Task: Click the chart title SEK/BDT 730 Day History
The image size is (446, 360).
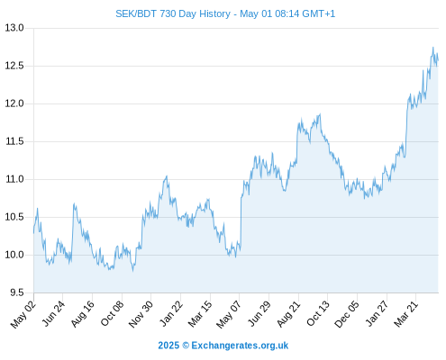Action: coord(173,13)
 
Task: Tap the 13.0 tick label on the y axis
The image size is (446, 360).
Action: coord(14,28)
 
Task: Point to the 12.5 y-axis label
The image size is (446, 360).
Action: coord(14,66)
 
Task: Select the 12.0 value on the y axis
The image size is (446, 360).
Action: coord(14,103)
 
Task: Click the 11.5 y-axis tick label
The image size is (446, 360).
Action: coord(14,141)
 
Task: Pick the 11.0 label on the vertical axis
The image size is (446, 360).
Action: coord(14,179)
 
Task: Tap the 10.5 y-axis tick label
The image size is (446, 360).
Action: coord(14,217)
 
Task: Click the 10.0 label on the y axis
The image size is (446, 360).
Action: coord(14,255)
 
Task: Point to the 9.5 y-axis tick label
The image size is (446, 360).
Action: coord(17,292)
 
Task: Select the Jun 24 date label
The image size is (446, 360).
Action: coord(53,313)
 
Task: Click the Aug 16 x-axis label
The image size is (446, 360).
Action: coord(83,313)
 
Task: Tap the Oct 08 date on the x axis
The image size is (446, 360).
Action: coord(112,313)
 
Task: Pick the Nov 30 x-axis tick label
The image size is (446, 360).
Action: coord(141,314)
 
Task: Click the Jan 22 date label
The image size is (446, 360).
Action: coord(171,313)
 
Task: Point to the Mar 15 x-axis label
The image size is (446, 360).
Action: coord(200,313)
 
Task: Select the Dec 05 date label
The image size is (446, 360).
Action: coord(347,314)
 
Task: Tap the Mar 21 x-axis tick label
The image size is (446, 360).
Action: coord(406,313)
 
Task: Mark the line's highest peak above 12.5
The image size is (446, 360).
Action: coord(433,47)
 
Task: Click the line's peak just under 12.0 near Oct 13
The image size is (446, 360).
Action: coord(320,114)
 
